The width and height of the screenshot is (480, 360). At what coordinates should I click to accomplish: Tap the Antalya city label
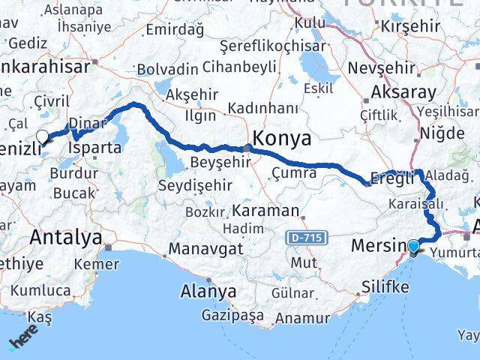click(x=66, y=238)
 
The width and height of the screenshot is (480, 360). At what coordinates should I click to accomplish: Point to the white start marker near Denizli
click(x=43, y=136)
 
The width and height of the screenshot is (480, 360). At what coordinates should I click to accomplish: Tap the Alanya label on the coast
click(x=208, y=292)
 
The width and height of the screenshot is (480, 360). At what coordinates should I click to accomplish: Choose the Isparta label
click(x=94, y=148)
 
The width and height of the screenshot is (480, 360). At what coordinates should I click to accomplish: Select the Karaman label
click(x=265, y=210)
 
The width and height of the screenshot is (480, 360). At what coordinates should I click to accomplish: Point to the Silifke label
click(x=385, y=286)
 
